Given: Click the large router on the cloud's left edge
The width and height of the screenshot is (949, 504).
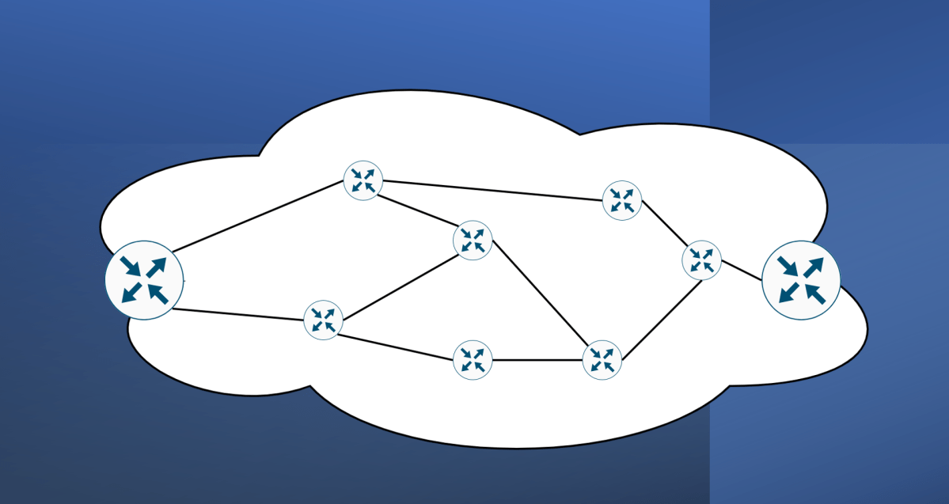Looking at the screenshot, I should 144,280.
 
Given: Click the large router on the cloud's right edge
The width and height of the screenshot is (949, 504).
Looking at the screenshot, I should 800,280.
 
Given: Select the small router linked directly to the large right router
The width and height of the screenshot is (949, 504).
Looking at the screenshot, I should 701,260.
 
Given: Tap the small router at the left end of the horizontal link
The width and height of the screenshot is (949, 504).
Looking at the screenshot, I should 473,360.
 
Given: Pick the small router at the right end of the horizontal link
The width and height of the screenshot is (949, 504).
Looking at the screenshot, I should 602,360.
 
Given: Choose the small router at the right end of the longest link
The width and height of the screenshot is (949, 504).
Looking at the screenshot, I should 622,200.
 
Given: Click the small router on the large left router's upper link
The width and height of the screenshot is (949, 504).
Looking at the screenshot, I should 363,180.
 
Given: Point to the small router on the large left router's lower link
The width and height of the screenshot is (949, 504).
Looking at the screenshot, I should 323,320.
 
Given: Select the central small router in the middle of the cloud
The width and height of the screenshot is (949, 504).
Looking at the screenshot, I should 473,240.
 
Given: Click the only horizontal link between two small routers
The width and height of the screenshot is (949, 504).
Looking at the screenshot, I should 537,360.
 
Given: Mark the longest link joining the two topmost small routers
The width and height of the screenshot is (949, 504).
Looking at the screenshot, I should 492,191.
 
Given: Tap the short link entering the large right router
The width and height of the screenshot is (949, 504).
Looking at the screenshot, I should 742,270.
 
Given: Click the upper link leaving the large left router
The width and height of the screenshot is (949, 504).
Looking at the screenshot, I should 257,216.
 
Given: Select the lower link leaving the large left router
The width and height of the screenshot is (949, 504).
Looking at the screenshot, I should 237,313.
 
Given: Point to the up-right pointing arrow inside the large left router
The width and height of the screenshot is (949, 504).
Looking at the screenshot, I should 157,267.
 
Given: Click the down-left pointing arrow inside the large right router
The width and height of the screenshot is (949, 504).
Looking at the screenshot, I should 788,294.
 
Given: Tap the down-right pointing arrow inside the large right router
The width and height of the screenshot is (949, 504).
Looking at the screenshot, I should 788,267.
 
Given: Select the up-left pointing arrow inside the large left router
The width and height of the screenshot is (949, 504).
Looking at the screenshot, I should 158,294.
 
